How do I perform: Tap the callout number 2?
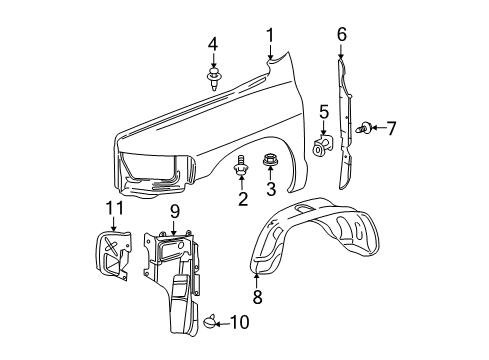coord(242,198)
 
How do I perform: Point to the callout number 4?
coord(213,44)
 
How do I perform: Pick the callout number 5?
coord(324,111)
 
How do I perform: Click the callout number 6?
coord(341,35)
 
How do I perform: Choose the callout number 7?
coord(391,128)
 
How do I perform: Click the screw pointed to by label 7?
coord(366,128)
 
